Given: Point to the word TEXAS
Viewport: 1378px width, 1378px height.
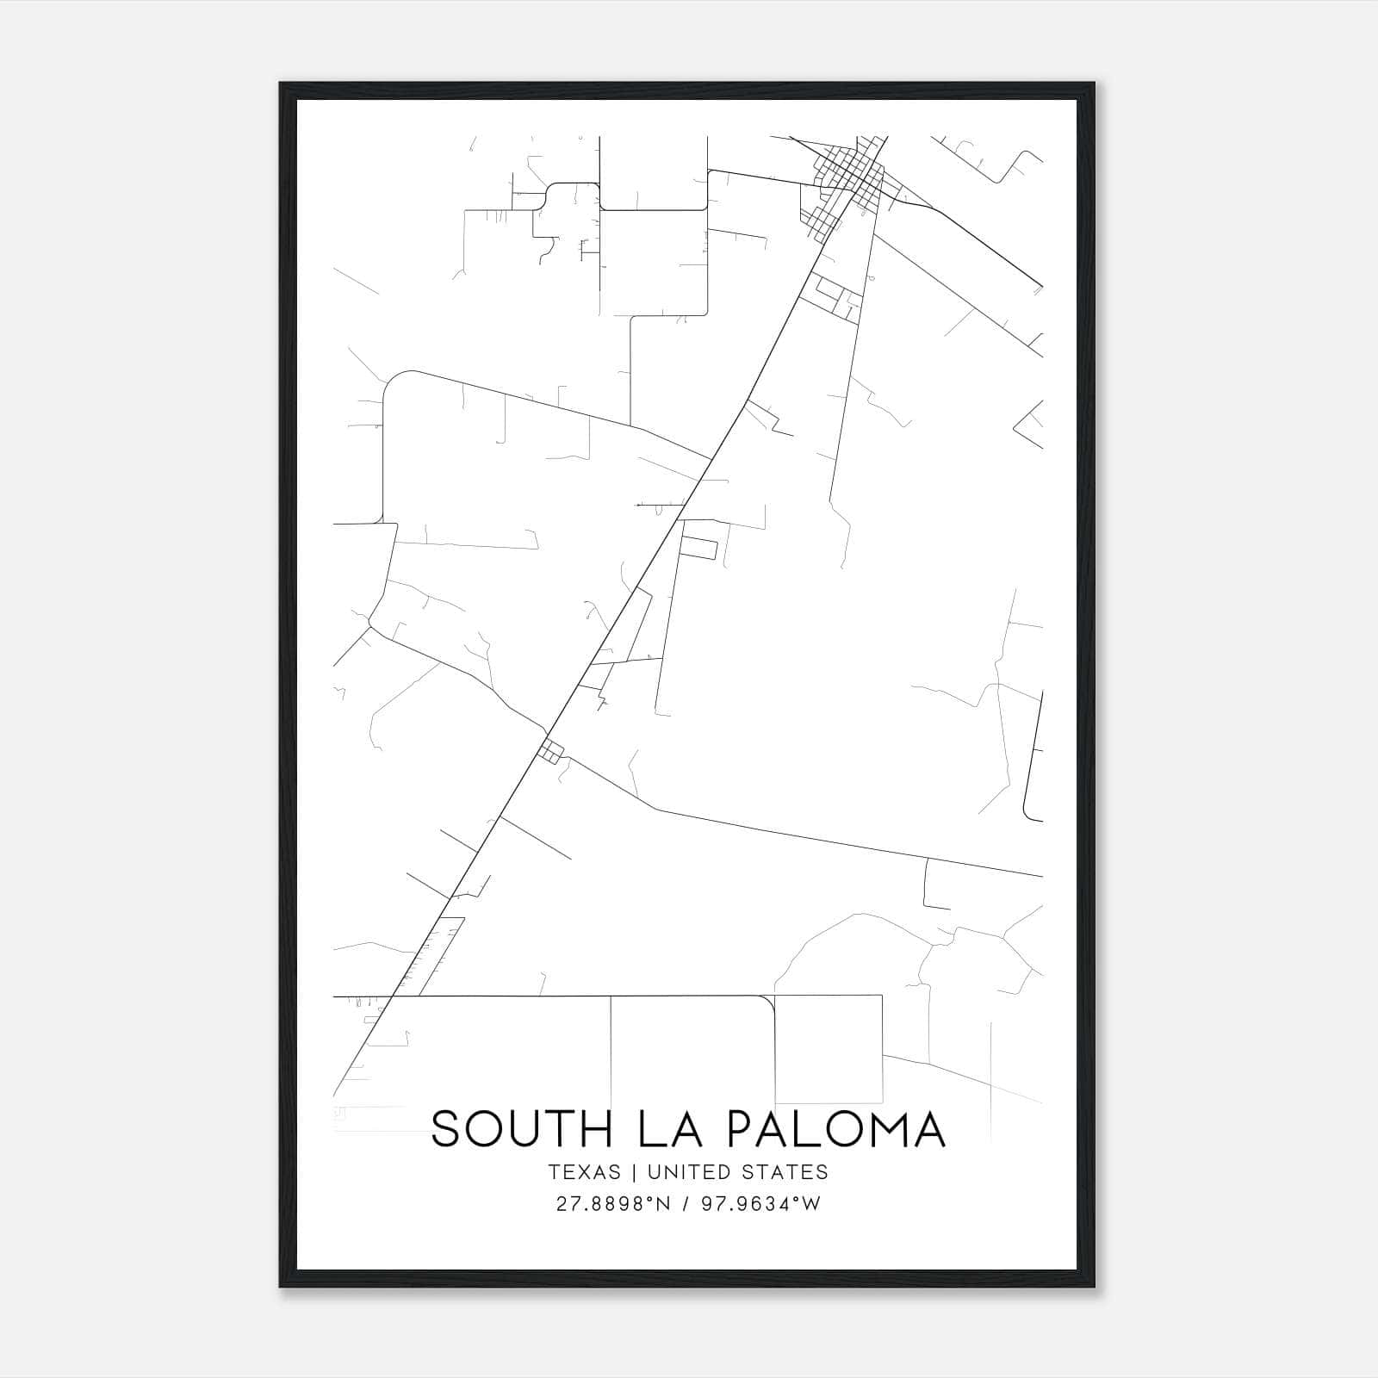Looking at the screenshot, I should pos(584,1172).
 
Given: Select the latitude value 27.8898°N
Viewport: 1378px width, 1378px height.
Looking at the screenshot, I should pos(613,1204).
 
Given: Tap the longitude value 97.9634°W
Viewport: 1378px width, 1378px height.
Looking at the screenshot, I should pos(762,1204).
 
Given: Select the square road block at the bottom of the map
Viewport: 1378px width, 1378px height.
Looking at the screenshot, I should pos(828,1048).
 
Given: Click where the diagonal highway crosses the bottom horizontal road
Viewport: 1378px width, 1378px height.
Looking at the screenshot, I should pos(390,997).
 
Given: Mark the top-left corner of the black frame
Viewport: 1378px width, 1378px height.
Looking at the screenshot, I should pos(281,84).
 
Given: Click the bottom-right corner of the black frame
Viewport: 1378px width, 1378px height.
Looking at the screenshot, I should pos(1095,1287).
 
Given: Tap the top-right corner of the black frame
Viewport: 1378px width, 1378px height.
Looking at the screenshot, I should pos(1095,84).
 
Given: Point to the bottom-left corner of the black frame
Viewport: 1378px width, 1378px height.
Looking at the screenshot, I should pos(281,1287).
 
